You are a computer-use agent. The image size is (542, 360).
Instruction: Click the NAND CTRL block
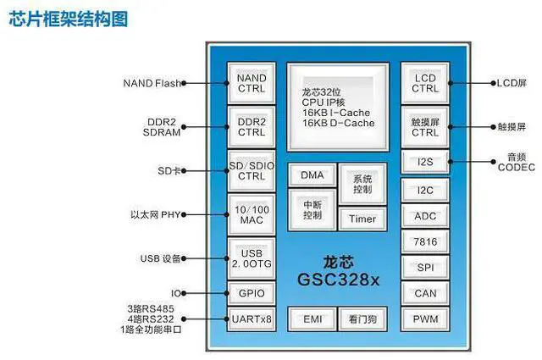pyautogui.click(x=251, y=83)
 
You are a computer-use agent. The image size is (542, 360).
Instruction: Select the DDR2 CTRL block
pyautogui.click(x=251, y=127)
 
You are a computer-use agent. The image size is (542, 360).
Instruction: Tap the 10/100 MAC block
pyautogui.click(x=251, y=214)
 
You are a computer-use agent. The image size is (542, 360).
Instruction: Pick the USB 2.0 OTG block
pyautogui.click(x=251, y=258)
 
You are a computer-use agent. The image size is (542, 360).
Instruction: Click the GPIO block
pyautogui.click(x=251, y=293)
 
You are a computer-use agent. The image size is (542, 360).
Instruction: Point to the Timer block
pyautogui.click(x=363, y=219)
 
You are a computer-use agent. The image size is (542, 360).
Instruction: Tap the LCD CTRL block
pyautogui.click(x=424, y=83)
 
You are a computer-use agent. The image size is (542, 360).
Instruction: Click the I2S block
pyautogui.click(x=424, y=161)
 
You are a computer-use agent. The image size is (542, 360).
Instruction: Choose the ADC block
pyautogui.click(x=424, y=216)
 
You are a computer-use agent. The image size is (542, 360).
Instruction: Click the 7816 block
pyautogui.click(x=424, y=242)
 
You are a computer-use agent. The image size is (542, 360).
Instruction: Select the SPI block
pyautogui.click(x=424, y=268)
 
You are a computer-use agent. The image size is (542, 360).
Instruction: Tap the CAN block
pyautogui.click(x=424, y=294)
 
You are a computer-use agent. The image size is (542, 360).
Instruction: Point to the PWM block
pyautogui.click(x=424, y=319)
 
